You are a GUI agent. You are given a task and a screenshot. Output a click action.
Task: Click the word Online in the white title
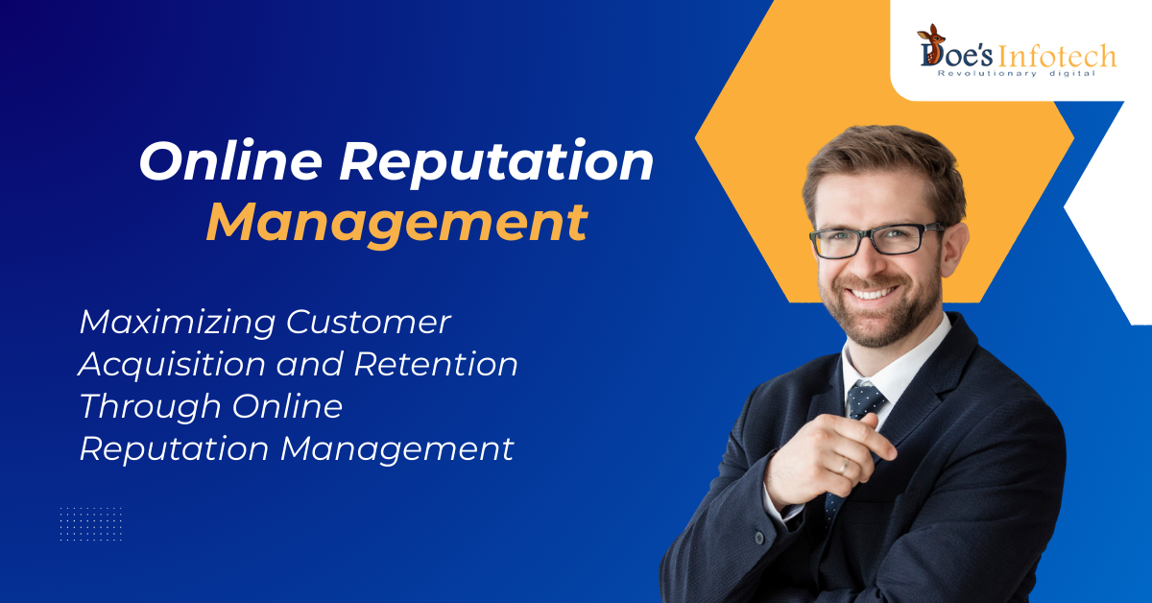click(x=230, y=160)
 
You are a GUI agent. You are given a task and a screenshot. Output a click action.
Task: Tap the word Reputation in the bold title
click(x=496, y=162)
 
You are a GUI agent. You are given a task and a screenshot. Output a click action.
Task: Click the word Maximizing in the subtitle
click(x=178, y=324)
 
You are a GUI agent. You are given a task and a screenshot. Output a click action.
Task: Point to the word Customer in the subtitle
click(x=369, y=322)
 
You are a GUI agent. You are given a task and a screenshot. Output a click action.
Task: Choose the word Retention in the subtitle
click(x=436, y=364)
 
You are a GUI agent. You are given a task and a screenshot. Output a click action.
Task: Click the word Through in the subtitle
click(x=151, y=407)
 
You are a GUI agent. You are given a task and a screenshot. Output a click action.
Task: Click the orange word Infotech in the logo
click(x=1057, y=56)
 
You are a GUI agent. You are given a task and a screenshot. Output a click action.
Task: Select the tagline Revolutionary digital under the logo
click(x=1017, y=74)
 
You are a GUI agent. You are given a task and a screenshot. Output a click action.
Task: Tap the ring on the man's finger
click(x=844, y=466)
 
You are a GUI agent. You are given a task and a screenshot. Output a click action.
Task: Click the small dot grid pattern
click(x=90, y=523)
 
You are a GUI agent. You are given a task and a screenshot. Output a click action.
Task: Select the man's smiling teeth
click(x=872, y=294)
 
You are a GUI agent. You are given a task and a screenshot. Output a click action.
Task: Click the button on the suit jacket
click(x=759, y=538)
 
